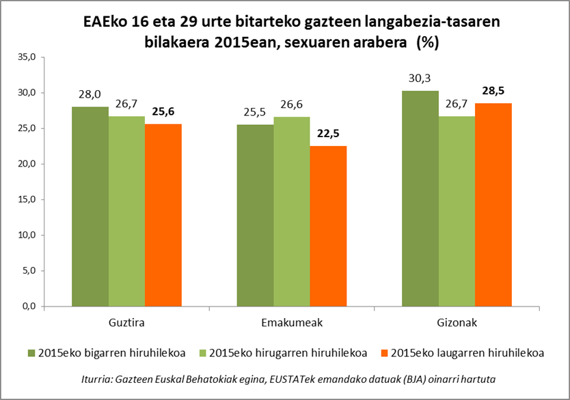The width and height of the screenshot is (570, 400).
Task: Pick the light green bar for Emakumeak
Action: pyautogui.click(x=292, y=212)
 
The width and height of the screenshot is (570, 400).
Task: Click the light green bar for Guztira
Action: pyautogui.click(x=126, y=211)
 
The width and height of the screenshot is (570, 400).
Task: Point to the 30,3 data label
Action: pyautogui.click(x=420, y=78)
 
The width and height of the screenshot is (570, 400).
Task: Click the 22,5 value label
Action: pyautogui.click(x=328, y=134)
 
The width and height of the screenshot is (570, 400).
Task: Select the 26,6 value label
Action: pyautogui.click(x=292, y=104)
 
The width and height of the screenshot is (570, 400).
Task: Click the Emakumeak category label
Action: pyautogui.click(x=292, y=322)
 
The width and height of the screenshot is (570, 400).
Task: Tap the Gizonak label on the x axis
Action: pyautogui.click(x=457, y=322)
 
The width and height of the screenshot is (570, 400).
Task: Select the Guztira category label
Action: pyautogui.click(x=126, y=322)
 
